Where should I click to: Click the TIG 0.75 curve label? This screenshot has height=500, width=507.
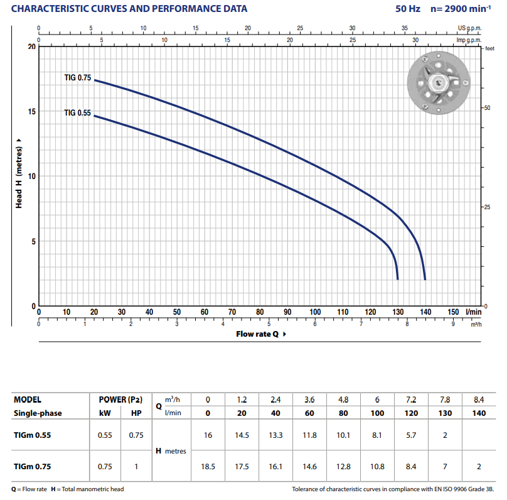[x=78, y=78]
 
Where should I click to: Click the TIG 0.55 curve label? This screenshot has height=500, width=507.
[x=78, y=113]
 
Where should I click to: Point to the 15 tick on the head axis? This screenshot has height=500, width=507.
[x=32, y=112]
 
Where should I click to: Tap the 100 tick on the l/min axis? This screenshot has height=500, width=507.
[x=315, y=312]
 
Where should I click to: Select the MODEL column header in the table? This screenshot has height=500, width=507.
[x=28, y=399]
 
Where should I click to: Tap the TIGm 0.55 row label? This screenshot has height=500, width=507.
[x=32, y=435]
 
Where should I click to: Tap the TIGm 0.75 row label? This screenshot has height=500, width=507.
[x=32, y=467]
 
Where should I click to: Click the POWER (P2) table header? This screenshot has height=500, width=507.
[x=120, y=399]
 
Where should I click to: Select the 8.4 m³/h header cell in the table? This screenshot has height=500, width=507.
[x=479, y=399]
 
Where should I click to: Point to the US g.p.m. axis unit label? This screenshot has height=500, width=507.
[x=469, y=28]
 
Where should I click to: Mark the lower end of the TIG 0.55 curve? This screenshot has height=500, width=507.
[x=398, y=278]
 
